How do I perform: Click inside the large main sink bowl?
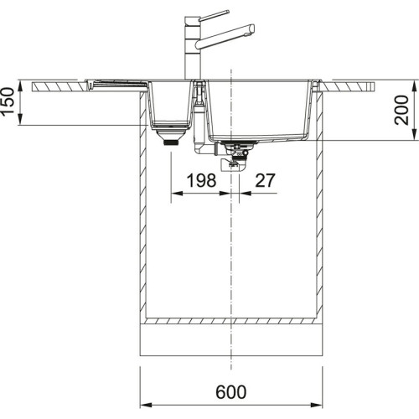coord(260,109)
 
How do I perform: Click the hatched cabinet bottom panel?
coord(230,322)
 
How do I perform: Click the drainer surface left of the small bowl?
coord(117,83)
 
